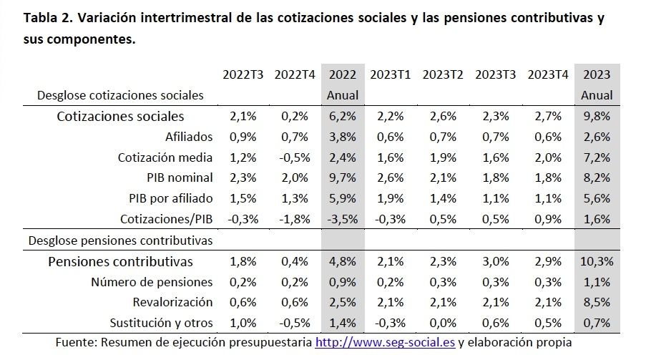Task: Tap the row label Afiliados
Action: pyautogui.click(x=189, y=137)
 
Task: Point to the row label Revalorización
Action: pyautogui.click(x=173, y=303)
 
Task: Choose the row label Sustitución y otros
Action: pyautogui.click(x=162, y=323)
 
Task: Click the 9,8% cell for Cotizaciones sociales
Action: pyautogui.click(x=597, y=116)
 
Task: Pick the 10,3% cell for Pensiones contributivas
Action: pyautogui.click(x=597, y=261)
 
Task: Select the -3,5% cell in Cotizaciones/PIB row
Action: pyautogui.click(x=343, y=220)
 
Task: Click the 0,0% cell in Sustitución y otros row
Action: pyautogui.click(x=444, y=323)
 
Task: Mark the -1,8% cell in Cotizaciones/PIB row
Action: pyautogui.click(x=291, y=220)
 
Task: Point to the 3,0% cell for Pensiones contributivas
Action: pyautogui.click(x=495, y=261)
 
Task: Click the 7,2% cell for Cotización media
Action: pyautogui.click(x=597, y=157)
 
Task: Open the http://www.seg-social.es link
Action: pyautogui.click(x=385, y=343)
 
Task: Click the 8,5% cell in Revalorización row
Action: pyautogui.click(x=597, y=303)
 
